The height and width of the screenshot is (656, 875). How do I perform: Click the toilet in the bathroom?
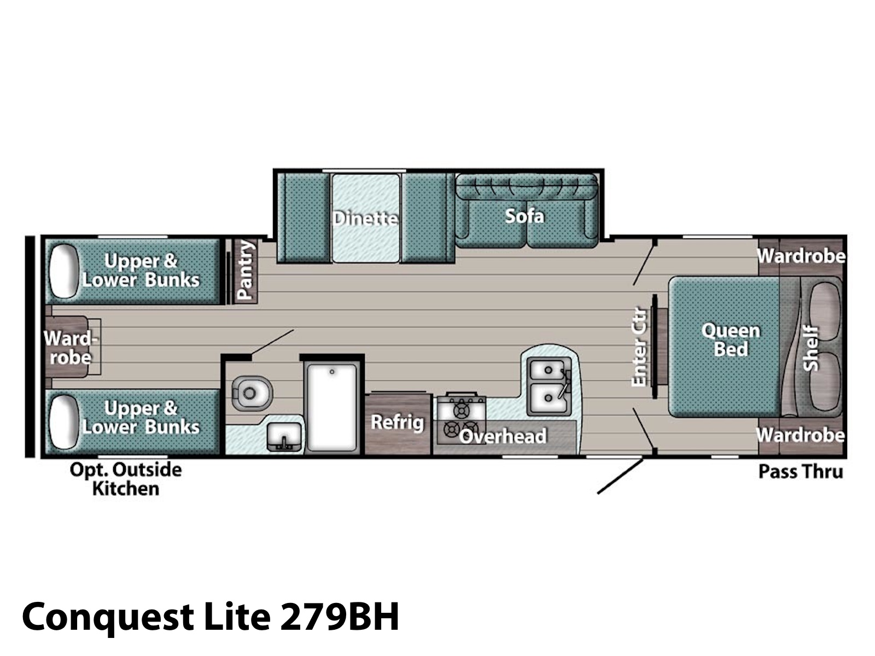click(252, 393)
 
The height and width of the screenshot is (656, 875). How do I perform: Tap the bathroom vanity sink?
click(284, 437)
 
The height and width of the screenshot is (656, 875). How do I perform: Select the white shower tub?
click(332, 407)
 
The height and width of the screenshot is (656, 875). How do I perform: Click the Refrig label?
click(398, 422)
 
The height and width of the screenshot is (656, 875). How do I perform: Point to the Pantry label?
click(245, 270)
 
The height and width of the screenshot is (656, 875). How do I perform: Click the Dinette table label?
click(365, 218)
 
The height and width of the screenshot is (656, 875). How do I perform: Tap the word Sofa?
click(524, 216)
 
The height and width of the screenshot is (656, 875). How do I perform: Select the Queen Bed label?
click(731, 339)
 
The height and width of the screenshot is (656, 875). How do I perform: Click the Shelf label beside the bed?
click(810, 349)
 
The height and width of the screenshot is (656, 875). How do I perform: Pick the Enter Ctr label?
click(639, 347)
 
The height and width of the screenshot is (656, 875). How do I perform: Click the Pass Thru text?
click(801, 472)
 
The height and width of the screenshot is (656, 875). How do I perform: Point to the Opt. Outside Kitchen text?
click(126, 479)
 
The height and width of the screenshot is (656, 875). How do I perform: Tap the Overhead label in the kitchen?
click(503, 436)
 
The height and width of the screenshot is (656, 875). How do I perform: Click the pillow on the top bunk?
click(64, 271)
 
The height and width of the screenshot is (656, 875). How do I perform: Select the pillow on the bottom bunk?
click(64, 422)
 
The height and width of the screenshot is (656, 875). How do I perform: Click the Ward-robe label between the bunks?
click(71, 348)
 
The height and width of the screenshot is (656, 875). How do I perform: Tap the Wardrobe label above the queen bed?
click(801, 256)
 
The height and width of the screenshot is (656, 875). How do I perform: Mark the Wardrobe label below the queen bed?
click(801, 435)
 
